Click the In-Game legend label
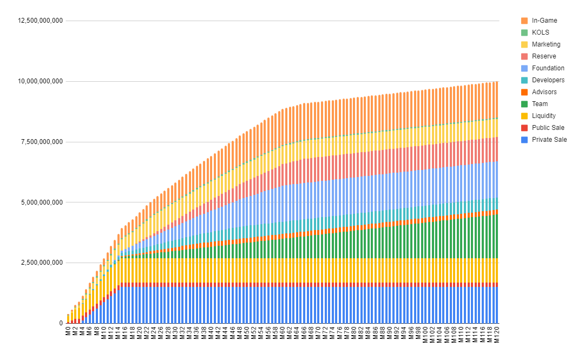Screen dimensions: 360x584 click(x=544, y=21)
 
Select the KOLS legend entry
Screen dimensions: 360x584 click(x=540, y=32)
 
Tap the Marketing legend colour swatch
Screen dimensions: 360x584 click(x=524, y=44)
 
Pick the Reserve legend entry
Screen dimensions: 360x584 click(x=543, y=56)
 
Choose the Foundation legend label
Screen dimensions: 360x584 click(x=548, y=68)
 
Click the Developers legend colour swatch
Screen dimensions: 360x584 click(x=524, y=80)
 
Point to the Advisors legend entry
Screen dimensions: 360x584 click(x=544, y=92)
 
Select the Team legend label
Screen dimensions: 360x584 click(x=540, y=104)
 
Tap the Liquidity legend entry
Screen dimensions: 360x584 click(x=543, y=116)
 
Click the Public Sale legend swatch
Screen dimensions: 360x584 click(x=524, y=128)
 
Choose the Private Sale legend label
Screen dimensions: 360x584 click(x=549, y=140)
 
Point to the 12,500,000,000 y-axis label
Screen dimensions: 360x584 click(x=41, y=21)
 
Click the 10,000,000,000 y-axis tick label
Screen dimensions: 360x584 click(x=41, y=81)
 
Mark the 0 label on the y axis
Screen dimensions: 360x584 click(x=61, y=323)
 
